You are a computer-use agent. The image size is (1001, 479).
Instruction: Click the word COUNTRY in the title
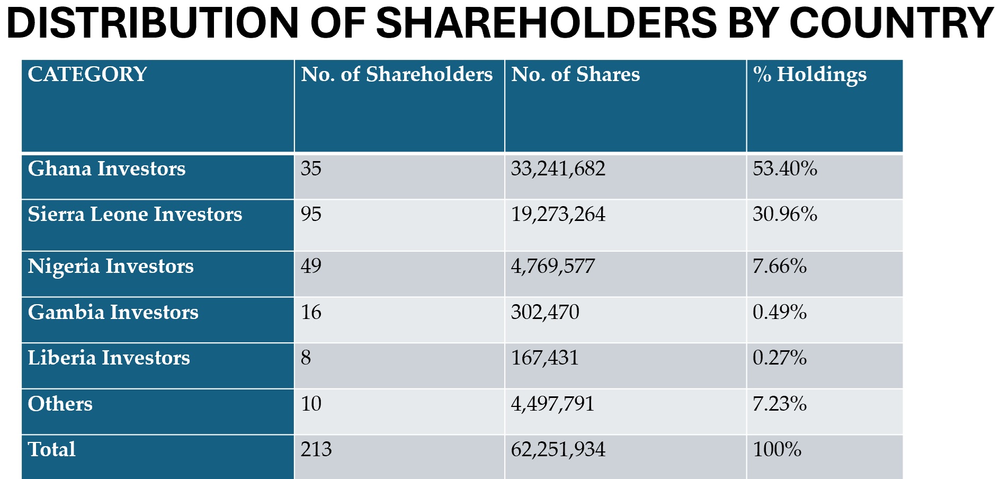891,23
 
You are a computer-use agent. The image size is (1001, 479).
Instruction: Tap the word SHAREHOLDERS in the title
547,23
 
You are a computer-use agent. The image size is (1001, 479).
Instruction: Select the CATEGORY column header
87,74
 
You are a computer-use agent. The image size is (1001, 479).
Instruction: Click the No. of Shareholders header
397,74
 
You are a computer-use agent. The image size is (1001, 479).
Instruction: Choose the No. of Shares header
576,74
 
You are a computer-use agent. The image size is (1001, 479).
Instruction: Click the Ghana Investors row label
106,168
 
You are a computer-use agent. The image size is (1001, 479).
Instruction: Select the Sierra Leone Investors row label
135,214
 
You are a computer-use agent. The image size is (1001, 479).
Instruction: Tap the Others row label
60,404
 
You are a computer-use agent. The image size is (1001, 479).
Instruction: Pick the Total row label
52,449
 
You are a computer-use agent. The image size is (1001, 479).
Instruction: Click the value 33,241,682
558,169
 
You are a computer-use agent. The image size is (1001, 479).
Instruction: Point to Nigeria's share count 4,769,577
553,266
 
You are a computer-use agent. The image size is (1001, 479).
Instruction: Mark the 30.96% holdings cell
785,214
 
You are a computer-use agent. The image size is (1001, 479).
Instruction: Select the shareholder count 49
311,266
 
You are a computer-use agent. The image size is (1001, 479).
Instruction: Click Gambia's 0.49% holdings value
780,312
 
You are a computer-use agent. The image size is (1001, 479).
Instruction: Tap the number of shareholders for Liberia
306,358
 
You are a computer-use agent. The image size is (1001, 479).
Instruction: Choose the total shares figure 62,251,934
558,450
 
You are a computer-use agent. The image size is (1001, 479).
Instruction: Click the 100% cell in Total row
777,449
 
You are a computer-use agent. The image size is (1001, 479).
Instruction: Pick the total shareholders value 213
316,449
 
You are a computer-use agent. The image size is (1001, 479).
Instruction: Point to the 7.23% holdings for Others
780,404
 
